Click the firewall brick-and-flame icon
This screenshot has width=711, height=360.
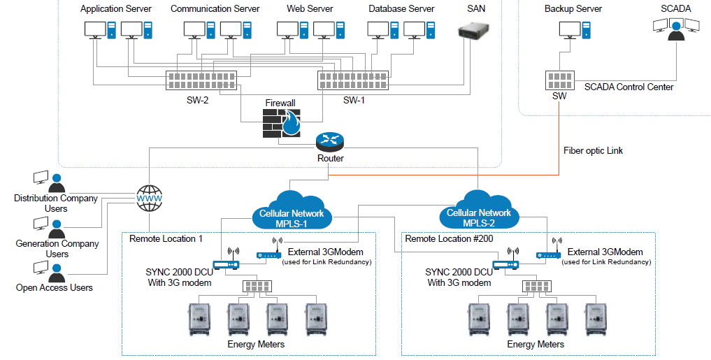click(282, 123)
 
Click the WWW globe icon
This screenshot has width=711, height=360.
click(150, 199)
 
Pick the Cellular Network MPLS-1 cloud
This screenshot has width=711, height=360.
click(292, 210)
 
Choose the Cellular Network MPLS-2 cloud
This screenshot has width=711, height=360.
click(479, 209)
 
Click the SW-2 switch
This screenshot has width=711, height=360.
click(201, 80)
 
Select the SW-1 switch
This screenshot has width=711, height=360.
click(353, 80)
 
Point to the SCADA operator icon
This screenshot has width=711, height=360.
click(676, 29)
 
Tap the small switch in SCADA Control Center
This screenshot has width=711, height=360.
click(560, 81)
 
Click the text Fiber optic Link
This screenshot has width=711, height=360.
click(593, 150)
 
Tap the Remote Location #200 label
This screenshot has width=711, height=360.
click(449, 238)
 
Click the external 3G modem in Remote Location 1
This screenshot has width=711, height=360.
click(269, 252)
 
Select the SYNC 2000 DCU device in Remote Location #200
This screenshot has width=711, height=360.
click(506, 260)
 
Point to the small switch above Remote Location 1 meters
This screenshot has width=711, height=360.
click(257, 286)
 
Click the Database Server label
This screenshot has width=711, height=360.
click(401, 8)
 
